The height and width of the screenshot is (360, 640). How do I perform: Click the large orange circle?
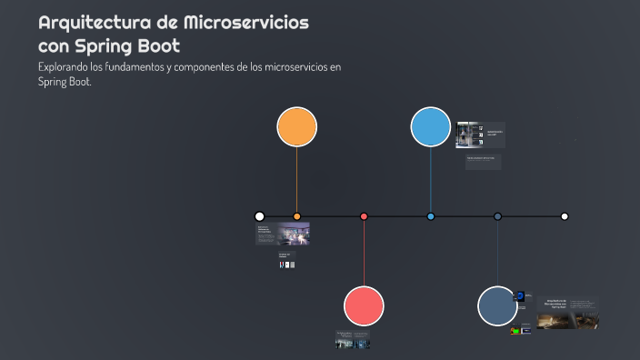click(296, 126)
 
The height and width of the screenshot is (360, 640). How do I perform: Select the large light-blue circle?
click(430, 126)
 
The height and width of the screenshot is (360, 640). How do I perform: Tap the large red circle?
click(364, 305)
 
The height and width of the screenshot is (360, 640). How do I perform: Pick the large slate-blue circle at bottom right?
click(497, 305)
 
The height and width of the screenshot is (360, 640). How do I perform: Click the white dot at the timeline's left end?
click(259, 216)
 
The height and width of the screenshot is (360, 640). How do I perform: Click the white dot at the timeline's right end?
click(565, 216)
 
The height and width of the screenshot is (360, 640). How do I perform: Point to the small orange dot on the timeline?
click(296, 216)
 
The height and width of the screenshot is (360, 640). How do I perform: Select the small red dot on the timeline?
click(364, 216)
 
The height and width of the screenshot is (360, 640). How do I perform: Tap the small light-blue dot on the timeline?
click(430, 216)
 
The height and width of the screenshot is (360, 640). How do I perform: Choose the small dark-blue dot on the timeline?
click(497, 216)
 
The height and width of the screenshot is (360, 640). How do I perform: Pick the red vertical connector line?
click(364, 255)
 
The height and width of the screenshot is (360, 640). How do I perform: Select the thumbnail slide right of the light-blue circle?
click(480, 135)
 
